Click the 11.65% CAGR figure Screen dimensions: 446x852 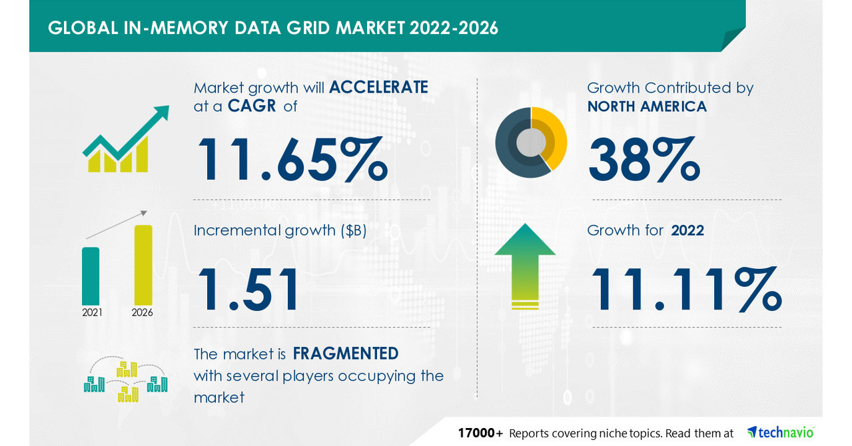[291, 160]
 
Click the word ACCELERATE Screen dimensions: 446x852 [378, 88]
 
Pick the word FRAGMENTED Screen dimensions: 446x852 [345, 353]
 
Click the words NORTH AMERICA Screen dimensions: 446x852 [646, 106]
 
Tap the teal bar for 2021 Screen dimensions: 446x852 [91, 276]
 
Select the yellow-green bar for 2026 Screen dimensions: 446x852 [143, 265]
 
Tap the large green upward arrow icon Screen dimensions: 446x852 [525, 265]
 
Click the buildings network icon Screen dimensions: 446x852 [125, 381]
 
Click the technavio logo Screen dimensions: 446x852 [780, 432]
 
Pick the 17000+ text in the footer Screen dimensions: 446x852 [480, 433]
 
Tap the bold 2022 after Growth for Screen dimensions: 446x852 [687, 230]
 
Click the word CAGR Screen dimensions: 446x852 [252, 106]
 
